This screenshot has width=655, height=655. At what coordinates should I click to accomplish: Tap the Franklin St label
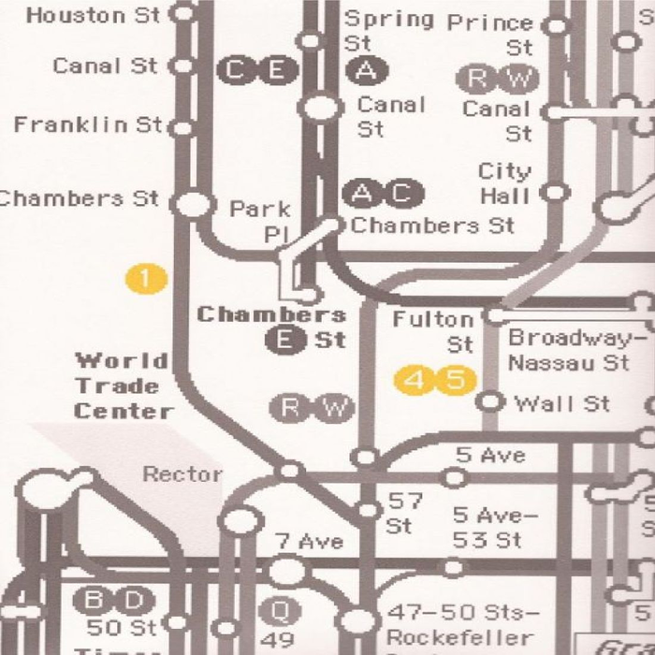click(88, 124)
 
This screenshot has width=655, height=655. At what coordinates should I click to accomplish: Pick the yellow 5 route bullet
click(456, 381)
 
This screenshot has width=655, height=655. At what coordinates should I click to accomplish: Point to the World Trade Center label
click(124, 386)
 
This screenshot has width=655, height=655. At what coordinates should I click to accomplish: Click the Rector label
click(182, 474)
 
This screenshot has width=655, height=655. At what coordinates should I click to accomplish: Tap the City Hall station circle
click(557, 194)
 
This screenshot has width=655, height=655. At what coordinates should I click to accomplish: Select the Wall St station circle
click(488, 402)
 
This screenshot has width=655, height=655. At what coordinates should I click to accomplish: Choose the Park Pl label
click(261, 221)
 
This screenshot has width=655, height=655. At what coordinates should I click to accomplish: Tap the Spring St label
click(387, 31)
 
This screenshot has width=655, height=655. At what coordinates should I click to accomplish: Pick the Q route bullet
click(278, 610)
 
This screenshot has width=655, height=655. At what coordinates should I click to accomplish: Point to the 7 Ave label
click(309, 542)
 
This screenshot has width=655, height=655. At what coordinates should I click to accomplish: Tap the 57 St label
click(404, 514)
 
